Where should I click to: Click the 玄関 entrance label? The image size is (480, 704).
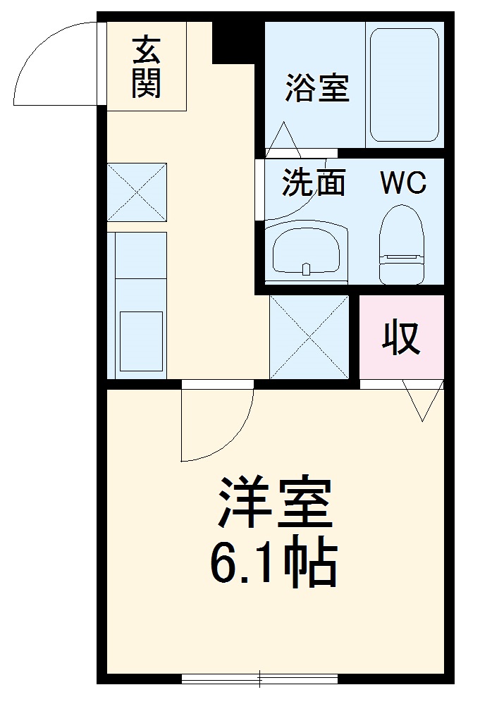tap(147, 68)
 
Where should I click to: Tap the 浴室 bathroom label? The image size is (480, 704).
tap(317, 87)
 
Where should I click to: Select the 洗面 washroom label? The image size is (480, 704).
tap(314, 182)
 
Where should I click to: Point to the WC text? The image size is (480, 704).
tap(402, 183)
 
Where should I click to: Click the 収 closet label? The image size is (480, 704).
tap(401, 337)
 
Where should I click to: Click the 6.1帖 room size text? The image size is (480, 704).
tap(273, 561)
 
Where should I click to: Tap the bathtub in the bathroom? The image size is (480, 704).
tap(404, 85)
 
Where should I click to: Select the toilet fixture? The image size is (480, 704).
tap(402, 245)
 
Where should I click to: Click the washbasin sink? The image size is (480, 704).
tap(306, 252)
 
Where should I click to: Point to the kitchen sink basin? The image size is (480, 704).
tap(141, 341)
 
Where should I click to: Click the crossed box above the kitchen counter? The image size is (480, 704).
tap(137, 192)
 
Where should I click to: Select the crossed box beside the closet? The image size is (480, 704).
tap(309, 337)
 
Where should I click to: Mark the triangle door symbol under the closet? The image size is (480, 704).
tap(422, 401)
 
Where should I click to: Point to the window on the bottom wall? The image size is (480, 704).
tap(259, 678)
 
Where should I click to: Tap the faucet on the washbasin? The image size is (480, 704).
tap(306, 269)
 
